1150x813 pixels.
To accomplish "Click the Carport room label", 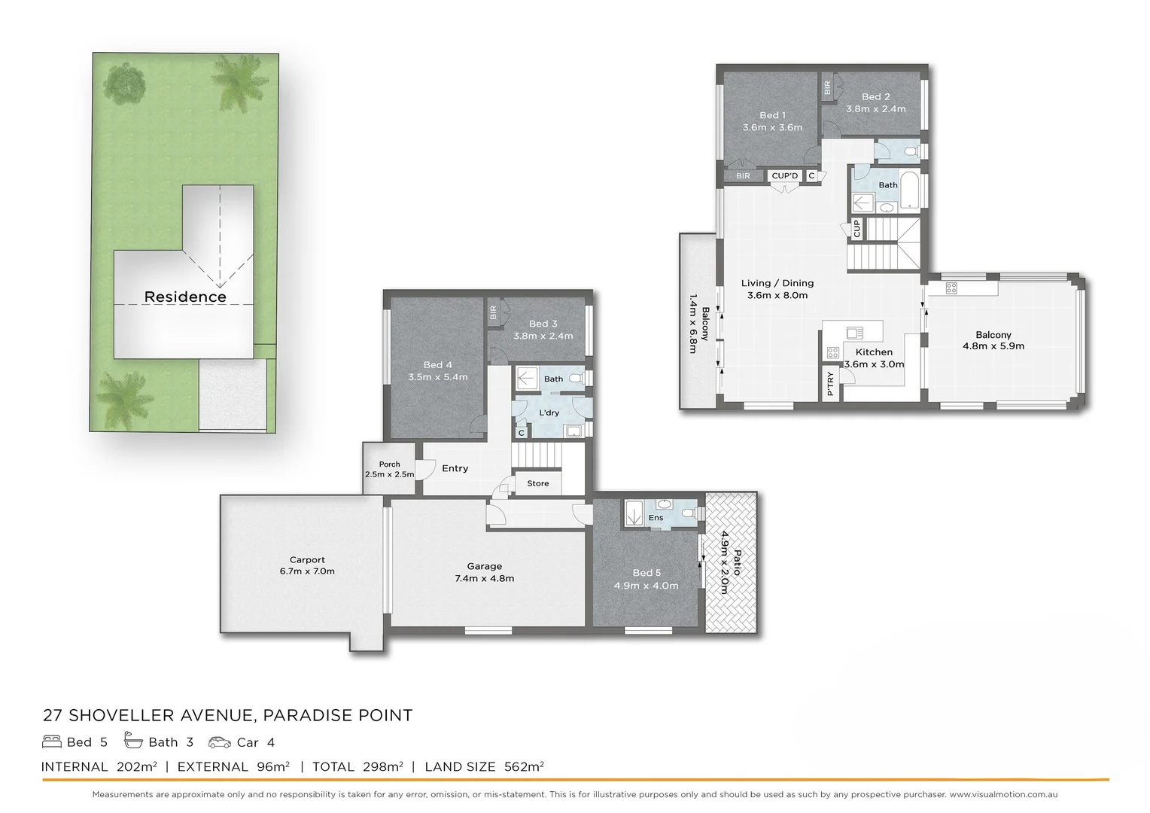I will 307,559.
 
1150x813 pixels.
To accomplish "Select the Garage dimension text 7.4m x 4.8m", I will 484,578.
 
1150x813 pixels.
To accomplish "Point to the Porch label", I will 389,464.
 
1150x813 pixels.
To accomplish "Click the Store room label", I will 537,483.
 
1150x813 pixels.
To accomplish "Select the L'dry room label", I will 549,413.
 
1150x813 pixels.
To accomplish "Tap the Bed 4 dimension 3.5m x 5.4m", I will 437,377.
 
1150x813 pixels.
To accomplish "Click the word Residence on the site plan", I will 185,297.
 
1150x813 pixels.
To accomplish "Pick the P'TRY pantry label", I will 830,384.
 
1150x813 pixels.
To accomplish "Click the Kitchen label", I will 874,352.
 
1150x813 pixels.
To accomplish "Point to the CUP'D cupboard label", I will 784,175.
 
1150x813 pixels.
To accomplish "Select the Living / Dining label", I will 777,283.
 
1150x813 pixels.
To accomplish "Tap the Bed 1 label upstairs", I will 772,115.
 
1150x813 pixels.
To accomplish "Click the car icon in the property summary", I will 220,742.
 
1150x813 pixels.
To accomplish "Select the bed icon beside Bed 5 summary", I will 52,742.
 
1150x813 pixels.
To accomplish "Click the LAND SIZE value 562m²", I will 520,766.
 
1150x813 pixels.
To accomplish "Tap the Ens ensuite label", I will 656,517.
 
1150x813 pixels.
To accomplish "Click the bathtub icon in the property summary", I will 133,741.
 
